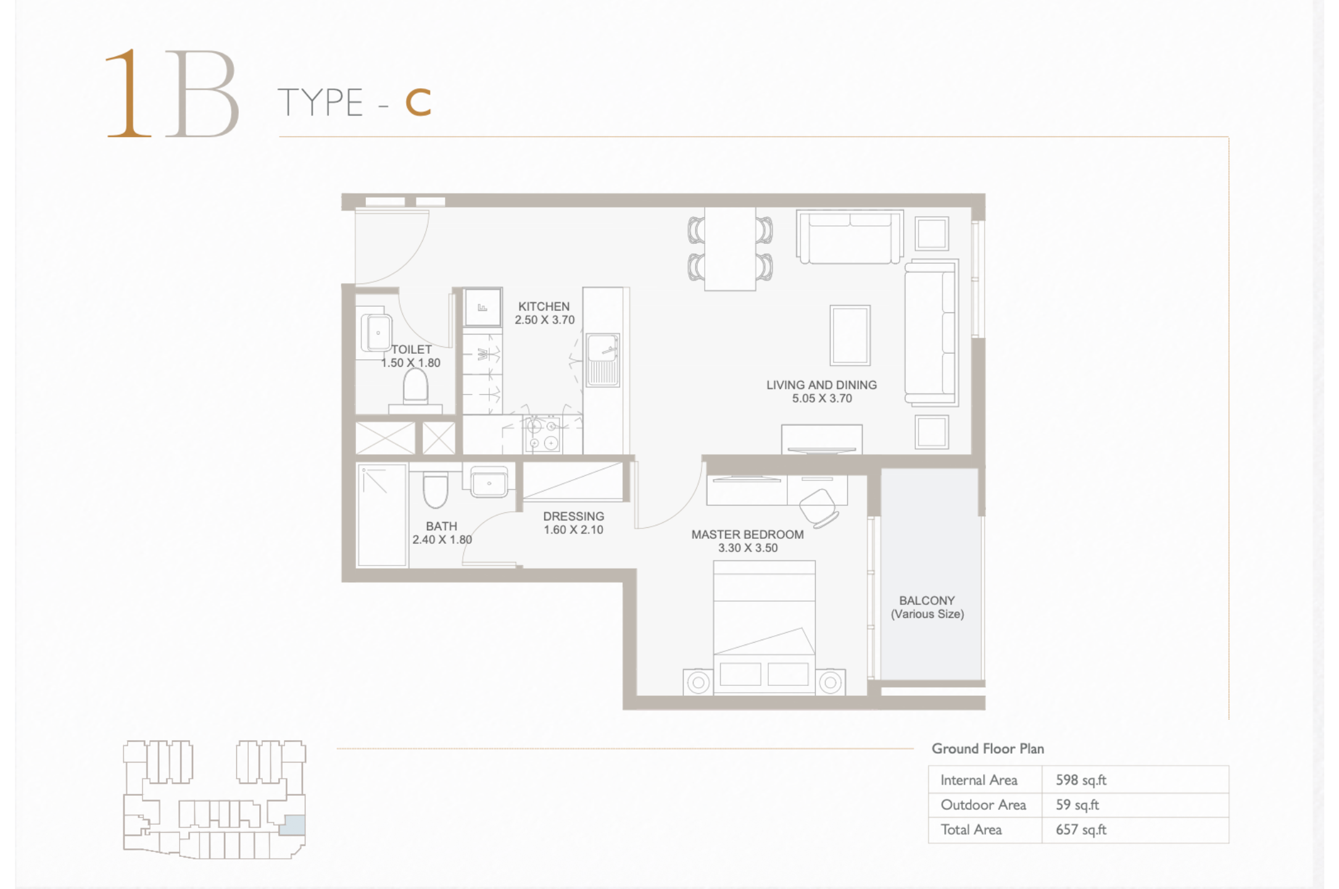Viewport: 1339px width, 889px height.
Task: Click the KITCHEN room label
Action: pyautogui.click(x=544, y=306)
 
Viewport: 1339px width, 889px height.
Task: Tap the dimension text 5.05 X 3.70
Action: pyautogui.click(x=822, y=398)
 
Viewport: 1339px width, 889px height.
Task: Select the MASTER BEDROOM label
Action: pyautogui.click(x=747, y=534)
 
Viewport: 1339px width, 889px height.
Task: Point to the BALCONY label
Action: pyautogui.click(x=927, y=600)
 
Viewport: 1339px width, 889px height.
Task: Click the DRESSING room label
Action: pyautogui.click(x=573, y=516)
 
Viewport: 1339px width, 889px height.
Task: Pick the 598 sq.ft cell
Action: pyautogui.click(x=1081, y=780)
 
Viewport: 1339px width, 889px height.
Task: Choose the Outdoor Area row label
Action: pyautogui.click(x=983, y=805)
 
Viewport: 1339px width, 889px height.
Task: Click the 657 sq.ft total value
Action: pyautogui.click(x=1081, y=830)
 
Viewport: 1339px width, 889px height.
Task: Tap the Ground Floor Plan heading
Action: pyautogui.click(x=987, y=748)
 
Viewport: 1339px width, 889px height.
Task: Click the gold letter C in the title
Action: pyautogui.click(x=418, y=102)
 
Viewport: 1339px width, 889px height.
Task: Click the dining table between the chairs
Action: pyautogui.click(x=730, y=249)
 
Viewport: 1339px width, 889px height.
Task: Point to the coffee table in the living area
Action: pyautogui.click(x=850, y=335)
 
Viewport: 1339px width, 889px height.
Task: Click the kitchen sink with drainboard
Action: pyautogui.click(x=602, y=360)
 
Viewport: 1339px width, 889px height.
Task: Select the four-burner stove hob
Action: pyautogui.click(x=542, y=435)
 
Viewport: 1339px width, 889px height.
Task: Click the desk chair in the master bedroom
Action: pyautogui.click(x=819, y=507)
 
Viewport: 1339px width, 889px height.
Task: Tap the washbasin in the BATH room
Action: pyautogui.click(x=489, y=482)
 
